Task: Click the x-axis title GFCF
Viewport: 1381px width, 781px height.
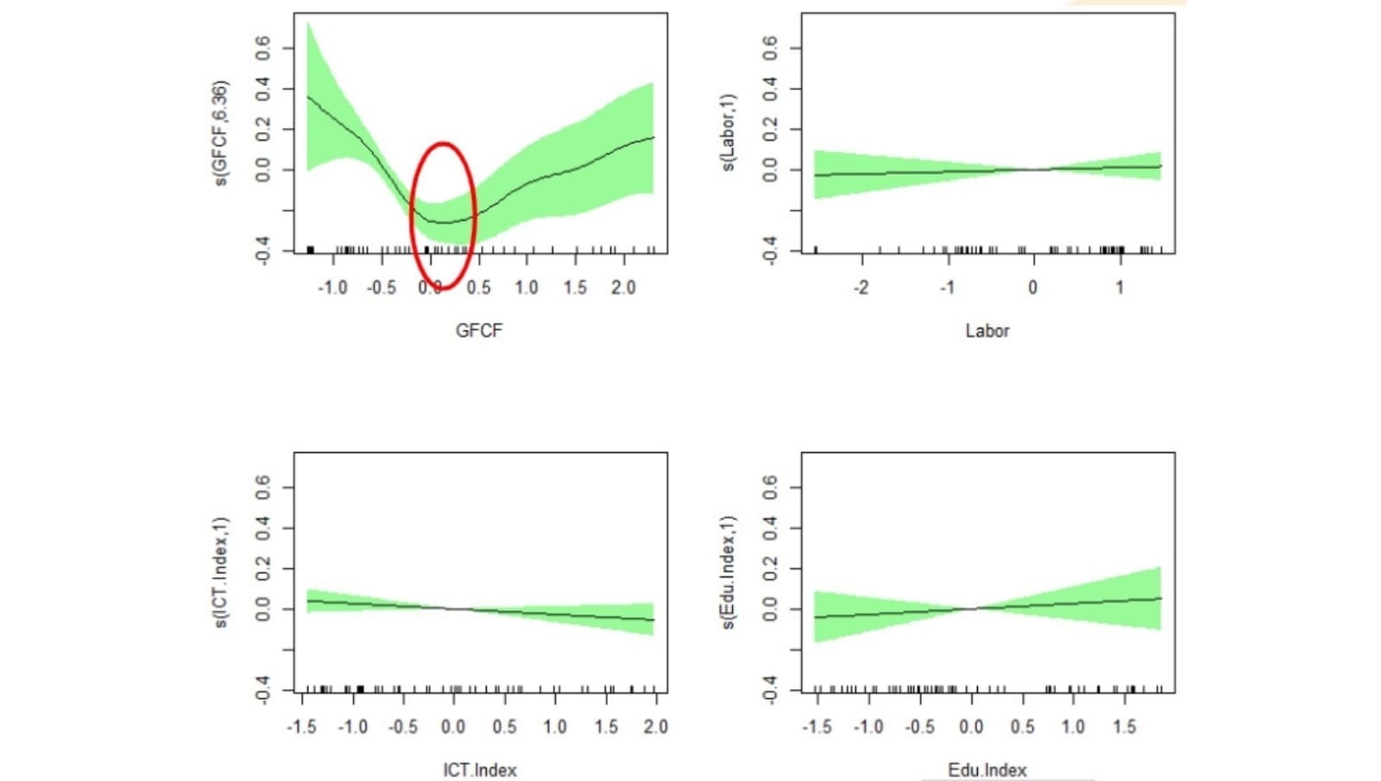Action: pyautogui.click(x=479, y=331)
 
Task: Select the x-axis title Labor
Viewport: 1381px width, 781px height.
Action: pyautogui.click(x=987, y=331)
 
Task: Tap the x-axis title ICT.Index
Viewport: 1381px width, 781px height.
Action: pyautogui.click(x=480, y=770)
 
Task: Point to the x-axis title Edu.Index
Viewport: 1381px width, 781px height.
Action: pyautogui.click(x=987, y=770)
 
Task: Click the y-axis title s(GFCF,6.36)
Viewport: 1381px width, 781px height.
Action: pyautogui.click(x=221, y=134)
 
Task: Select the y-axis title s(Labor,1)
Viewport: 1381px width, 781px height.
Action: pyautogui.click(x=729, y=134)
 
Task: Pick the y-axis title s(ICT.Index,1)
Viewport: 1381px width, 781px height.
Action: pyautogui.click(x=221, y=573)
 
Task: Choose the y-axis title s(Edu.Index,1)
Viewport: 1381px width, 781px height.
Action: pyautogui.click(x=729, y=573)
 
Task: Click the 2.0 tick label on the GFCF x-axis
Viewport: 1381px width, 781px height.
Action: pyautogui.click(x=623, y=287)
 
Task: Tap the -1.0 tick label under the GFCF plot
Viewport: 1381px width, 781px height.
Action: pyautogui.click(x=332, y=287)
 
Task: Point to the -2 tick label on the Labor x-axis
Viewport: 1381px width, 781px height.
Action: pyautogui.click(x=861, y=287)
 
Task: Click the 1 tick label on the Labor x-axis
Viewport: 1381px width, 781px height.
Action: pyautogui.click(x=1119, y=287)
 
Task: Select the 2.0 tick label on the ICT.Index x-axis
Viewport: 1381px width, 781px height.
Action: pyautogui.click(x=656, y=727)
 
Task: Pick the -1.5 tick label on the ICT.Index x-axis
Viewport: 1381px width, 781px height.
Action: pyautogui.click(x=301, y=727)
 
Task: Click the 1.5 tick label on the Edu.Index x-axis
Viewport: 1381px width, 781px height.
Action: pyautogui.click(x=1124, y=727)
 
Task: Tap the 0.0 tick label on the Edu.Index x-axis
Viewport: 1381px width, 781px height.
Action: pyautogui.click(x=971, y=727)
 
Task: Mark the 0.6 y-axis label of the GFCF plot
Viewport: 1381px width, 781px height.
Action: pyautogui.click(x=263, y=48)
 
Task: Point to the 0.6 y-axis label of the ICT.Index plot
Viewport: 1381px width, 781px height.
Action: pyautogui.click(x=263, y=488)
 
